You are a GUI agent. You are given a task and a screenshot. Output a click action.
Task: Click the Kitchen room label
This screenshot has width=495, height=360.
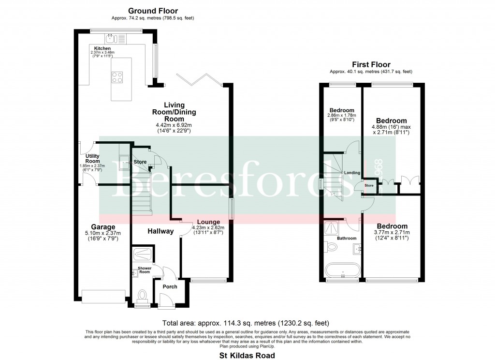click(x=102, y=48)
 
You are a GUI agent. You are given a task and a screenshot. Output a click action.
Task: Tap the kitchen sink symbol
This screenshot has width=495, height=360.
click(x=111, y=37)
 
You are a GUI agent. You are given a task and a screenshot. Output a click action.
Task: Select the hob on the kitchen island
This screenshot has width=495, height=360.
click(x=117, y=76)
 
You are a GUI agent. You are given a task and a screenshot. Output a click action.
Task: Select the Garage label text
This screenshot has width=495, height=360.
click(x=103, y=226)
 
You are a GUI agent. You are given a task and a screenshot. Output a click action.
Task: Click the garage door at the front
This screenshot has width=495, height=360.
click(x=104, y=296)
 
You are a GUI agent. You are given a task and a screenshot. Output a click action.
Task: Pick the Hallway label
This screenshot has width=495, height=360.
click(x=160, y=231)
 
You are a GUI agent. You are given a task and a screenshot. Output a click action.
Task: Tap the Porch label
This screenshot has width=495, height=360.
click(x=170, y=286)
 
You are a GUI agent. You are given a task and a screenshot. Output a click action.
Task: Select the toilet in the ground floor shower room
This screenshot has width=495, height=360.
click(x=143, y=295)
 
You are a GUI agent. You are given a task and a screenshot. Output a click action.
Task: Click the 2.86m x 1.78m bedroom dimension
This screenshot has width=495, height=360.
click(x=342, y=116)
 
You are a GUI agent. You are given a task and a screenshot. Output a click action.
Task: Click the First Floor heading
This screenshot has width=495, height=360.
click(x=370, y=64)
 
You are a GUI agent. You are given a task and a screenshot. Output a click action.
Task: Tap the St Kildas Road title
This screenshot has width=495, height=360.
click(x=247, y=356)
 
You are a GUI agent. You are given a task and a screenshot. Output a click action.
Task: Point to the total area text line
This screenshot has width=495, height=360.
click(x=247, y=323)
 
